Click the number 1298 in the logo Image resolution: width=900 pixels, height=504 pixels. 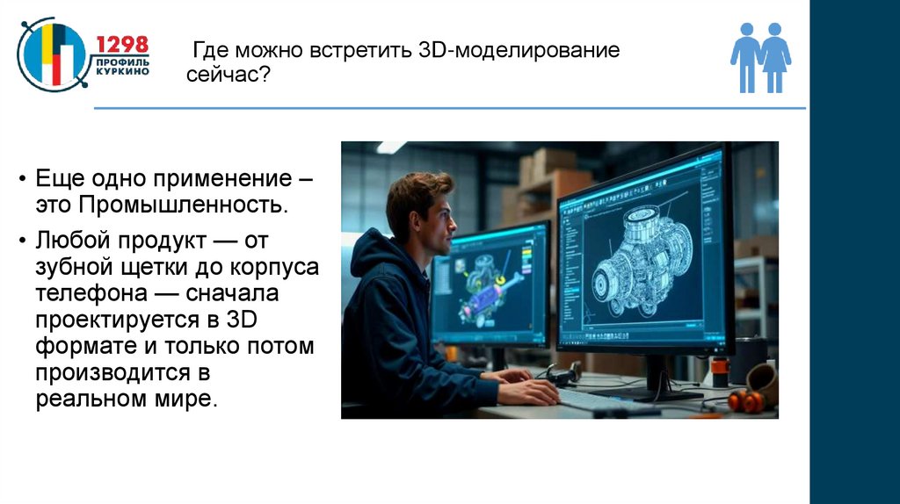[x=122, y=45]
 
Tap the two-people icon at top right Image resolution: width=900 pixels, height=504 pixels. [x=760, y=57]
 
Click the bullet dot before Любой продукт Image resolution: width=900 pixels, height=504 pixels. [x=23, y=239]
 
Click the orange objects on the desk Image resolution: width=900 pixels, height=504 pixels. [x=746, y=401]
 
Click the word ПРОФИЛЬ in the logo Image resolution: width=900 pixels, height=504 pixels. [x=122, y=61]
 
